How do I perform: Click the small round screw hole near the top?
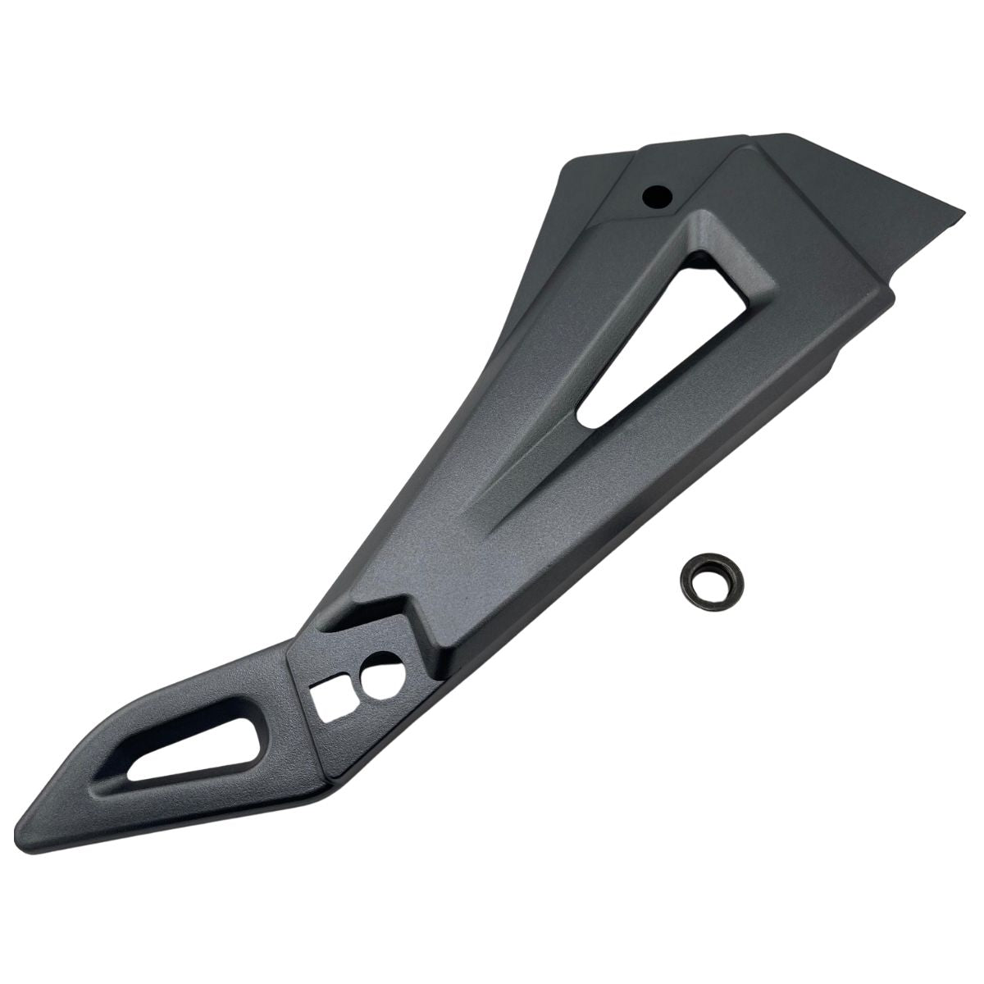pyautogui.click(x=657, y=196)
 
